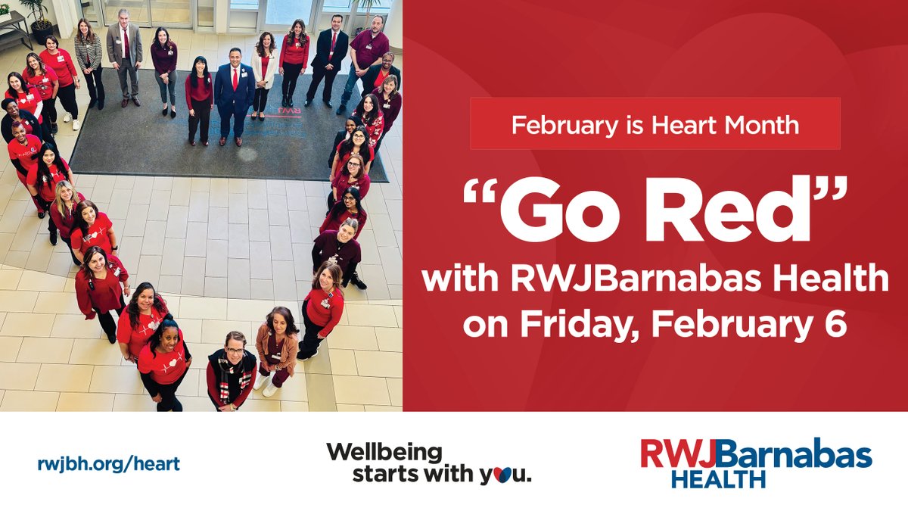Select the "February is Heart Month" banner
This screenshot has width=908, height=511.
[x=655, y=123]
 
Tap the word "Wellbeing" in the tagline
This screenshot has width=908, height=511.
[x=384, y=453]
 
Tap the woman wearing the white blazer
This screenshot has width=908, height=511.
[x=264, y=72]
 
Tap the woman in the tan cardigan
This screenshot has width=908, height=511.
[x=276, y=348]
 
